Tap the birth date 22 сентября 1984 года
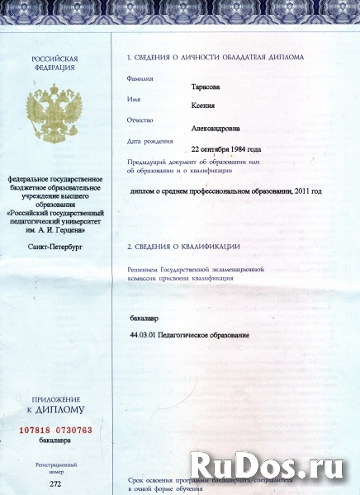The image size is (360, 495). click(225, 149)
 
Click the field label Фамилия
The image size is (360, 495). click(140, 78)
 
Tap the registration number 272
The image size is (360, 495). click(55, 483)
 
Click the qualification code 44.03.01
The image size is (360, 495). click(144, 334)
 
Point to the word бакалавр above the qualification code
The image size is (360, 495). click(144, 318)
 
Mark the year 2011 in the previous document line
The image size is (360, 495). click(301, 191)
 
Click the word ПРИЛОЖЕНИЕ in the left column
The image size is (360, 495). click(55, 399)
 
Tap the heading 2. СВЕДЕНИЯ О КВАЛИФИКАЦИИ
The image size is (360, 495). click(183, 247)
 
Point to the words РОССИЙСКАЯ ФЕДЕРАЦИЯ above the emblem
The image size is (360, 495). click(54, 64)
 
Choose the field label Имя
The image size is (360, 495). click(134, 100)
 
